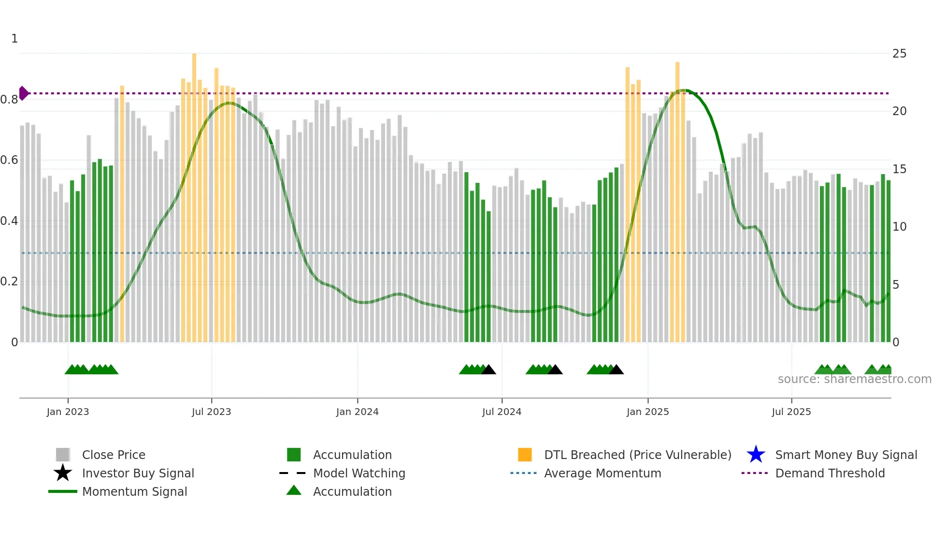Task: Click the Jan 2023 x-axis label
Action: [x=68, y=412]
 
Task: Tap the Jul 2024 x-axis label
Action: [x=502, y=412]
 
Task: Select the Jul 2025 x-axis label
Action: [x=791, y=412]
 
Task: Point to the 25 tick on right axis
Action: [x=899, y=54]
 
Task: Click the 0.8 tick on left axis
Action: [x=9, y=100]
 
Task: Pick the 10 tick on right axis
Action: [x=899, y=227]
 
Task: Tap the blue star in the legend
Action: [x=756, y=455]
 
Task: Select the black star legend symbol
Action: [x=63, y=473]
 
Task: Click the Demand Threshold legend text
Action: [x=830, y=473]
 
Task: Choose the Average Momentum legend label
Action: [x=602, y=473]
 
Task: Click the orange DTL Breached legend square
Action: [x=525, y=455]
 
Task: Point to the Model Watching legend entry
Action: [x=359, y=473]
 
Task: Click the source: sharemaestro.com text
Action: [x=854, y=379]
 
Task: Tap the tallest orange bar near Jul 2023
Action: [x=194, y=145]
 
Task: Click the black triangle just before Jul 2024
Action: [x=488, y=370]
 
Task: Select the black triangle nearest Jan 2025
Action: [x=616, y=370]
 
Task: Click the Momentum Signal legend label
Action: [x=134, y=491]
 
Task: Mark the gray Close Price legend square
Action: [x=63, y=455]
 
